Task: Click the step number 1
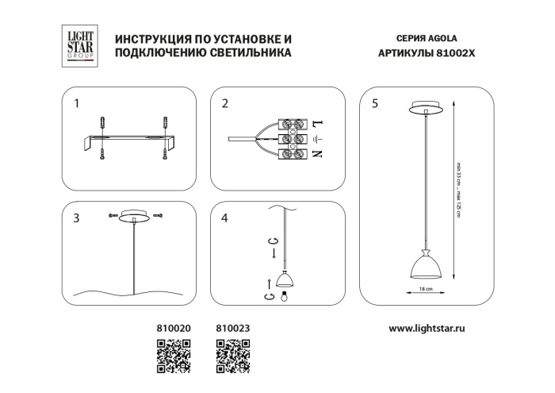[x=76, y=103]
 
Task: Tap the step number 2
[x=225, y=103]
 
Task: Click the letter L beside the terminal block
[x=317, y=125]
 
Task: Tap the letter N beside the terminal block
[x=317, y=152]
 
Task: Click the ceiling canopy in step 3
[x=133, y=217]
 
